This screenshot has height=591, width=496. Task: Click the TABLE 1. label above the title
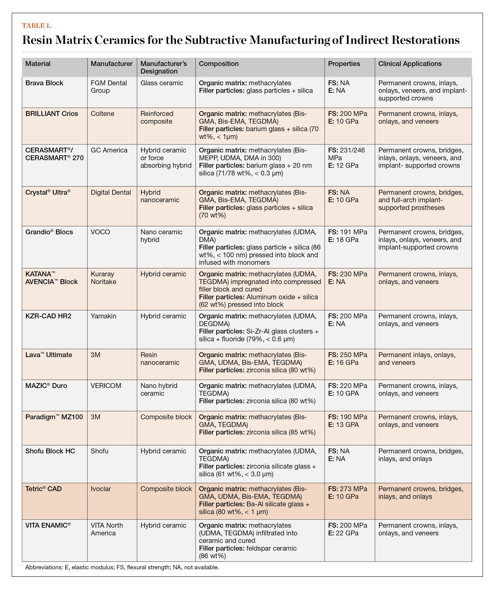tap(37, 26)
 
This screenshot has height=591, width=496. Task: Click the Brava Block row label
tap(44, 83)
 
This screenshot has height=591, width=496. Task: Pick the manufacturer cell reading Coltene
tap(103, 114)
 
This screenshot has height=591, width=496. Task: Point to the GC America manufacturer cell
tap(109, 150)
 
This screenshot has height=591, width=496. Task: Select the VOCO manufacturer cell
tap(100, 232)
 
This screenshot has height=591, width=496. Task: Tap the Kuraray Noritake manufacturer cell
tap(103, 278)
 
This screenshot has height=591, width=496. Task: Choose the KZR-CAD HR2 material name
tap(48, 316)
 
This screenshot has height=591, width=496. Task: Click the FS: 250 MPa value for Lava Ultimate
tap(347, 355)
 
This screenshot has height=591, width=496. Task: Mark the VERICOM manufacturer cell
tap(106, 386)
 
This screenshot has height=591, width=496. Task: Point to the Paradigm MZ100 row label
tap(54, 417)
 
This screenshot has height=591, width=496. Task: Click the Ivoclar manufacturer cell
tap(101, 489)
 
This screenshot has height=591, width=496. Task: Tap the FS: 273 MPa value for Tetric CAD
tap(347, 489)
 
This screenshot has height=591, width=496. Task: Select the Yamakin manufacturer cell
tap(103, 316)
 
